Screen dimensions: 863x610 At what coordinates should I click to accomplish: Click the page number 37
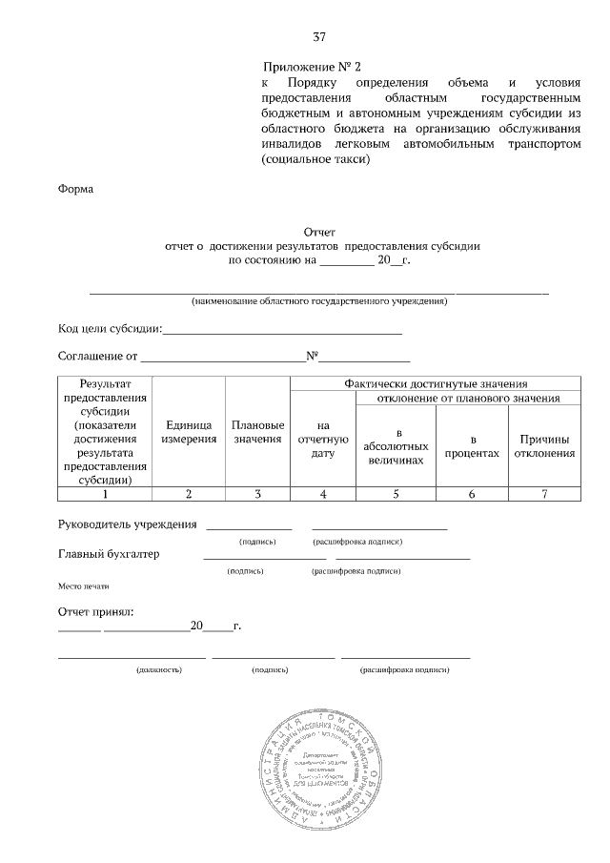coord(319,37)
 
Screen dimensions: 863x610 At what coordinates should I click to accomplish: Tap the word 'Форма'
coord(76,189)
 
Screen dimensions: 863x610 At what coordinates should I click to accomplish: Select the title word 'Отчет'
coord(319,232)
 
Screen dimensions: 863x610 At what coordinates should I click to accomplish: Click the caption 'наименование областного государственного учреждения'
coord(318,301)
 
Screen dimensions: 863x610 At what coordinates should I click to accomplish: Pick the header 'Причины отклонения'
coord(544,445)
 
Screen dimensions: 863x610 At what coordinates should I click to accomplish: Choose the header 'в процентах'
coord(472,445)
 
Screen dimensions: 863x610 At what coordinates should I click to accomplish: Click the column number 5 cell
coord(396,493)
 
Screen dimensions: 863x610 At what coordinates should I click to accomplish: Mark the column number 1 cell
coord(105,493)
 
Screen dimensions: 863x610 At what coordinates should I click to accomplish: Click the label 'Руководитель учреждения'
coord(128,524)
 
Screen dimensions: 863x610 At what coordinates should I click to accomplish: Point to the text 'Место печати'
coord(84,586)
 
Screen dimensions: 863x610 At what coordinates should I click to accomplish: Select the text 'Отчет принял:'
coord(96,610)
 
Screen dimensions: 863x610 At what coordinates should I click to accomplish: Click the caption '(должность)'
coord(160,670)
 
